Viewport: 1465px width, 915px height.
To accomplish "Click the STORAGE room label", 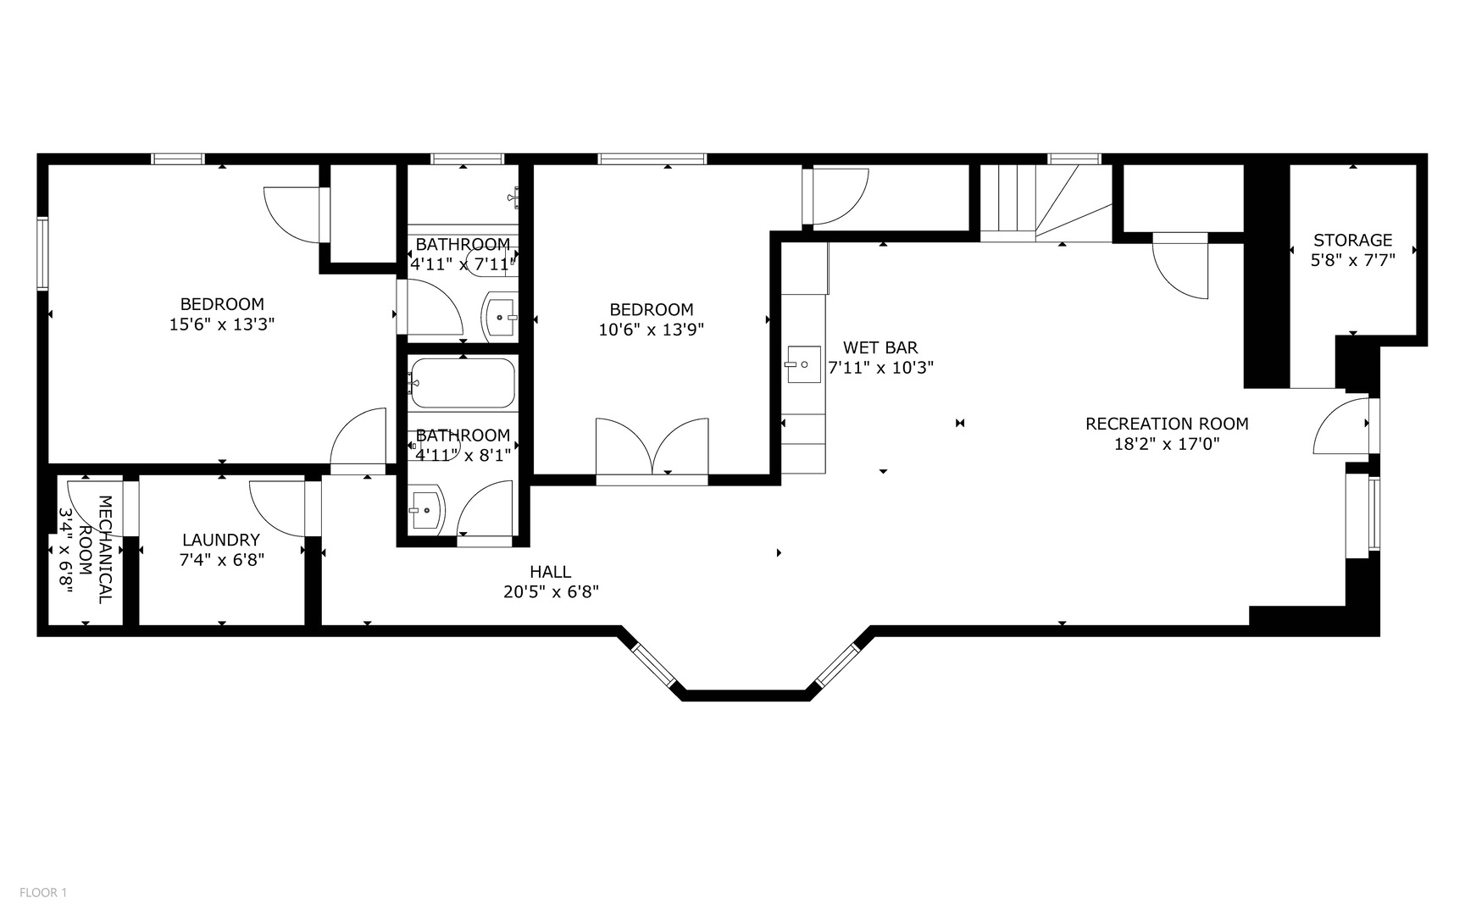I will pos(1352,241).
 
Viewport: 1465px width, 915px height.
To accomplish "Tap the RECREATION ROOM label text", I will pos(1167,424).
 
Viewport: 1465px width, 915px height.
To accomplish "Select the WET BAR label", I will pos(880,347).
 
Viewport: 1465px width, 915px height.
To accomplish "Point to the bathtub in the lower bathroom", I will pos(463,383).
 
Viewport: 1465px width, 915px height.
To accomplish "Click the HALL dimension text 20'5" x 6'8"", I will pos(551,592).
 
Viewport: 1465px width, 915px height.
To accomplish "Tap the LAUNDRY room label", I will pos(221,540).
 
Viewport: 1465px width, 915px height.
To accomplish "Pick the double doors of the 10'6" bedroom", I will pos(652,448).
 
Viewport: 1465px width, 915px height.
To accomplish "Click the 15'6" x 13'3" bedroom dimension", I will pos(222,324).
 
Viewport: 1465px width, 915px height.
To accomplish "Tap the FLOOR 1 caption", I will pos(43,892).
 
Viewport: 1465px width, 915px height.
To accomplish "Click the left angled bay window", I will pos(654,665).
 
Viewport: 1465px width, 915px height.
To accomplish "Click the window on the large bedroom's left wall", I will pos(42,253).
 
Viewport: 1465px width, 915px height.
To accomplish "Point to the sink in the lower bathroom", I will pos(425,510).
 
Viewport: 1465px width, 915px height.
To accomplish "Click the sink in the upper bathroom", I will pos(500,317).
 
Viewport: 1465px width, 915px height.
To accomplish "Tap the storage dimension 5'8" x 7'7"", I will pos(1352,261).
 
